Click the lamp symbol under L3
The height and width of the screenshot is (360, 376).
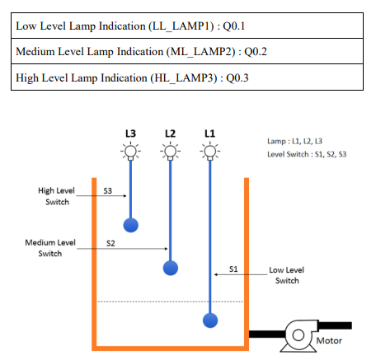[x=130, y=151]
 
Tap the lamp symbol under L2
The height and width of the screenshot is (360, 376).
[x=170, y=151]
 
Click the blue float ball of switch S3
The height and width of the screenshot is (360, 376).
[x=130, y=224]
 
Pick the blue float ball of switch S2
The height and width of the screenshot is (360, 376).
[x=170, y=268]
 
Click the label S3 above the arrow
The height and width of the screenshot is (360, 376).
[x=108, y=190]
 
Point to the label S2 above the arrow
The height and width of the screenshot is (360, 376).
[x=110, y=243]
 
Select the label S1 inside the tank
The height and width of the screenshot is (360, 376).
[x=233, y=269]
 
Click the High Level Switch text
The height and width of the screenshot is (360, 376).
[x=57, y=196]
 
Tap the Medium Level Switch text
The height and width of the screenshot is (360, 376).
[x=50, y=248]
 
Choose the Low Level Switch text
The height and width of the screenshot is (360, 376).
[x=287, y=275]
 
